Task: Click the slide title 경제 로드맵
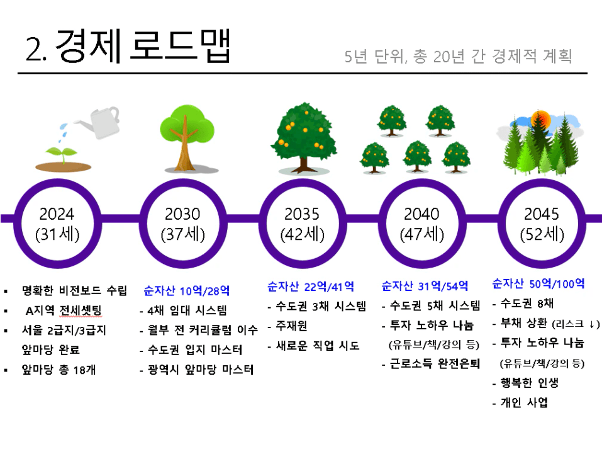click(x=143, y=46)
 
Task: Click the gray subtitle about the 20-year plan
click(x=458, y=56)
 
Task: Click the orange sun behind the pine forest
click(x=540, y=120)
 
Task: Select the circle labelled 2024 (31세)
click(x=58, y=181)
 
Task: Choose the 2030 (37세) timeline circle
click(x=183, y=181)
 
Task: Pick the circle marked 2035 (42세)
click(x=303, y=181)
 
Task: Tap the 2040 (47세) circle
click(x=422, y=181)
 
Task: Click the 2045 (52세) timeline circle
click(x=542, y=181)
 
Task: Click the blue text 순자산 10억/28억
click(x=187, y=290)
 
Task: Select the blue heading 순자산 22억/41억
click(x=311, y=287)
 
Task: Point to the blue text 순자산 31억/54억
click(x=425, y=286)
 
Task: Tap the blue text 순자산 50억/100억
click(x=538, y=284)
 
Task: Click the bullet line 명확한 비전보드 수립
click(x=74, y=290)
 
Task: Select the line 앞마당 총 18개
click(x=59, y=370)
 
